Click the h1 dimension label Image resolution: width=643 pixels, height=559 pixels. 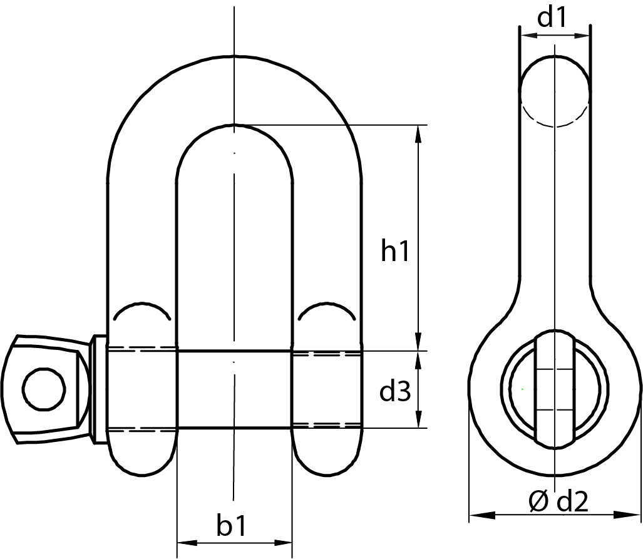point(394,252)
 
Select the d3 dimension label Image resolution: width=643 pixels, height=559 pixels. point(395,392)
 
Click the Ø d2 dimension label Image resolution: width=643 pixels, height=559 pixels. point(558,502)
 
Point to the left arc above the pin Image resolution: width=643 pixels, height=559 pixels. point(141,310)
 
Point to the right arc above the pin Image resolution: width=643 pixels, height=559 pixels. point(327,310)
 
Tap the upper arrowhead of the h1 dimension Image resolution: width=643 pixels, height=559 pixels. point(418,133)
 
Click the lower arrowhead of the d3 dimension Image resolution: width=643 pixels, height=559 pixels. point(418,421)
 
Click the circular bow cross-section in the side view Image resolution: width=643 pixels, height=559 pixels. point(555,91)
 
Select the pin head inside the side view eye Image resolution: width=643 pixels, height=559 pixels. point(555,388)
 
